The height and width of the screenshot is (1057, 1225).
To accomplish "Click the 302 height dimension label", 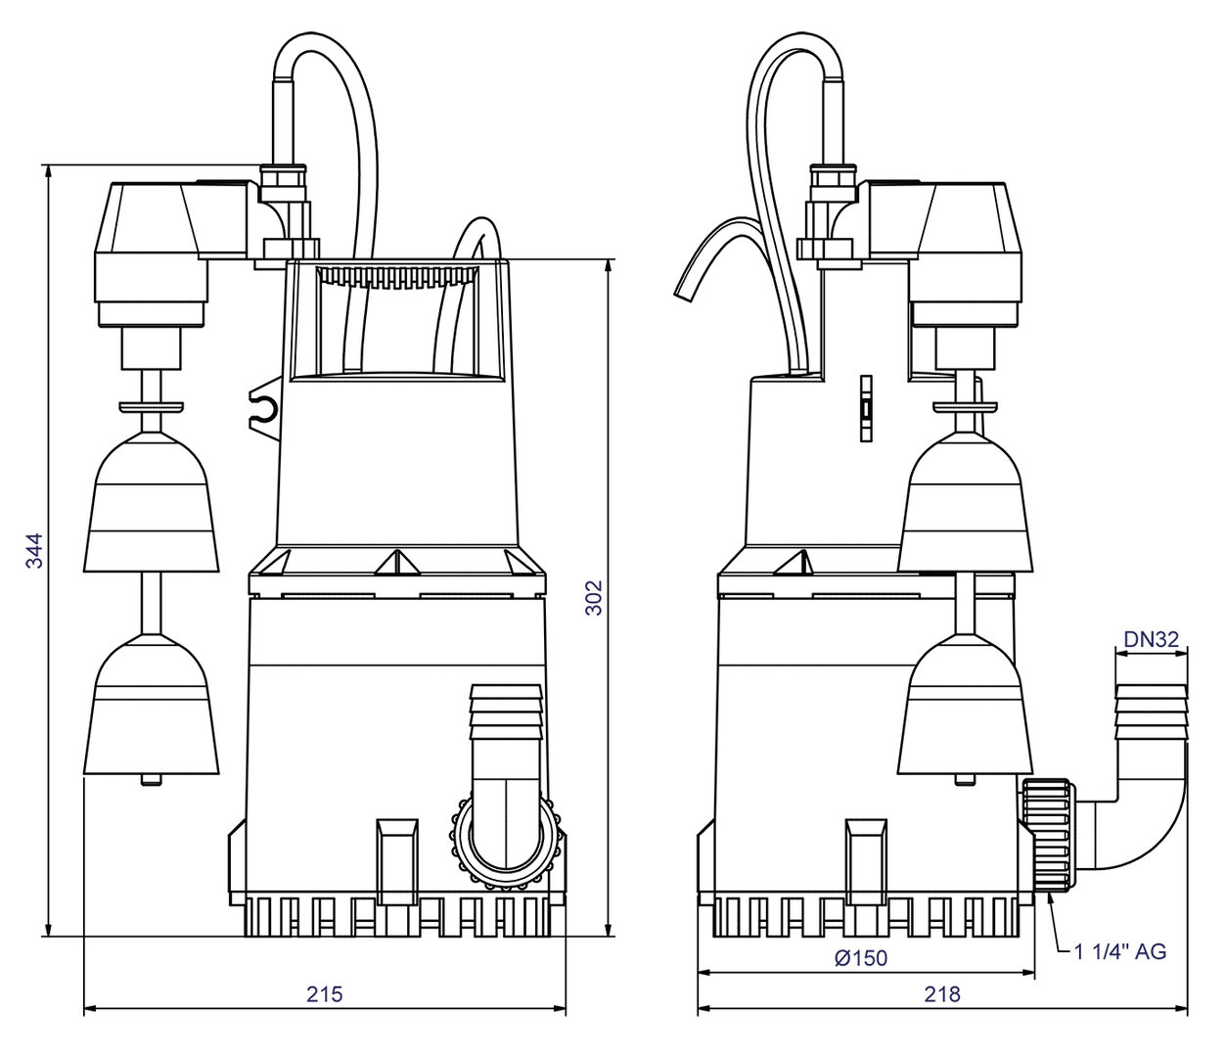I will [x=593, y=597].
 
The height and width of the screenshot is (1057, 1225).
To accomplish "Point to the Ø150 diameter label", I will [x=861, y=958].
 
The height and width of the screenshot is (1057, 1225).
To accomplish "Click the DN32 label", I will [x=1152, y=639].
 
